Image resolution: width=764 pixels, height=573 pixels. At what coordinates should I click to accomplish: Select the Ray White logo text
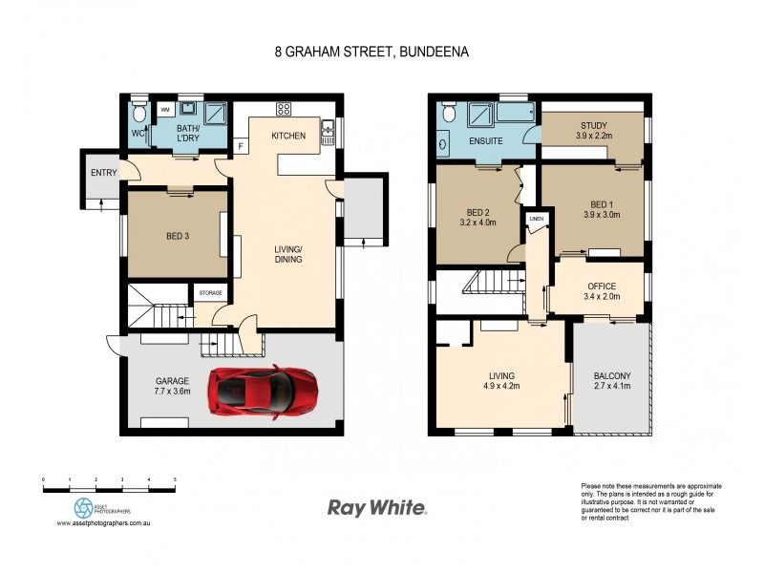[377, 508]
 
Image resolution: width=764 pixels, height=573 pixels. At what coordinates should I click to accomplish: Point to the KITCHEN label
[288, 137]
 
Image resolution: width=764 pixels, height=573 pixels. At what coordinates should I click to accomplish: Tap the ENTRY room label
[103, 173]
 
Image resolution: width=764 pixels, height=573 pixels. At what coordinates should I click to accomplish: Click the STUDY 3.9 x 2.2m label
[593, 131]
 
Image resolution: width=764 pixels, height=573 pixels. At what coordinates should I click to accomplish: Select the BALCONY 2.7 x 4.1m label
[612, 382]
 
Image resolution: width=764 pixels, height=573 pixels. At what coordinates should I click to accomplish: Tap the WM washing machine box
[163, 109]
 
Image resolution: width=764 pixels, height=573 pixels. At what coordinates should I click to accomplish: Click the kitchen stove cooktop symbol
[283, 108]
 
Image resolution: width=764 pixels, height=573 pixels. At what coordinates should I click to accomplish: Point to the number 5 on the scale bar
[174, 479]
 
